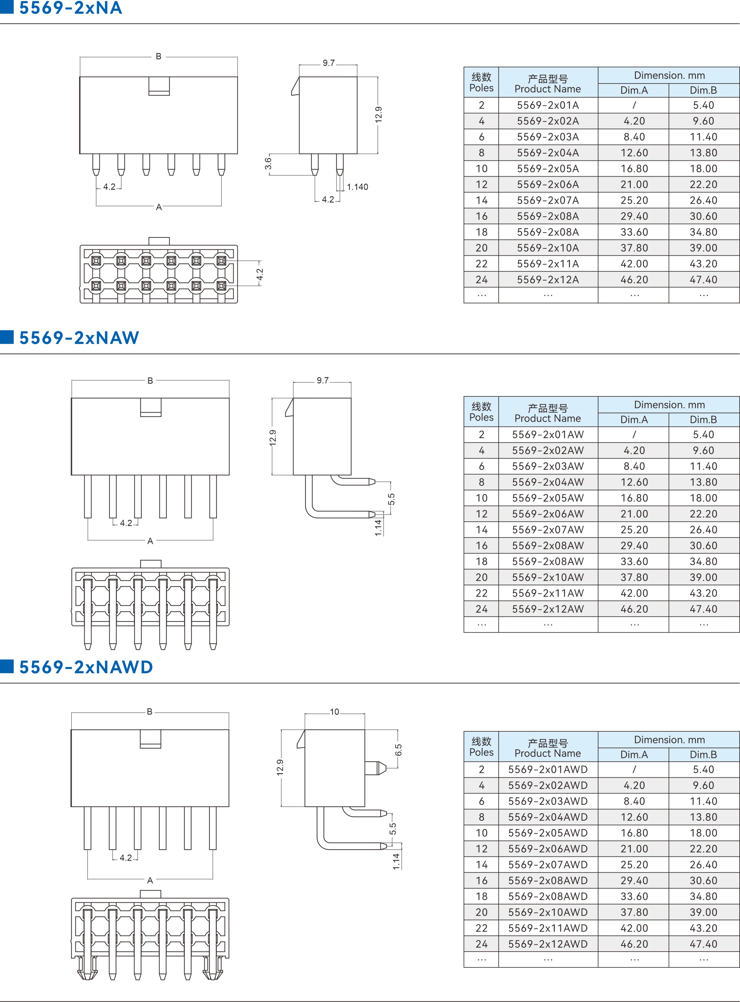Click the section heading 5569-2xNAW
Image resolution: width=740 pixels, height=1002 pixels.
79,338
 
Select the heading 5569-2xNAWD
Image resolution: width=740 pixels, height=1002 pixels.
86,667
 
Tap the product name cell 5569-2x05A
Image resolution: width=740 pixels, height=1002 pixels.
548,169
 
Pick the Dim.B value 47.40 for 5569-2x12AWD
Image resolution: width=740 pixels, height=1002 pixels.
703,944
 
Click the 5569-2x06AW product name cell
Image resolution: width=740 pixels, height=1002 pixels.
548,514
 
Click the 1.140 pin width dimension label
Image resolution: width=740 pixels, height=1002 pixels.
357,187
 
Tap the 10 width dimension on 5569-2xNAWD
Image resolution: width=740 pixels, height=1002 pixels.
334,712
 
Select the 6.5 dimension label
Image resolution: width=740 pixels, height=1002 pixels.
398,750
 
